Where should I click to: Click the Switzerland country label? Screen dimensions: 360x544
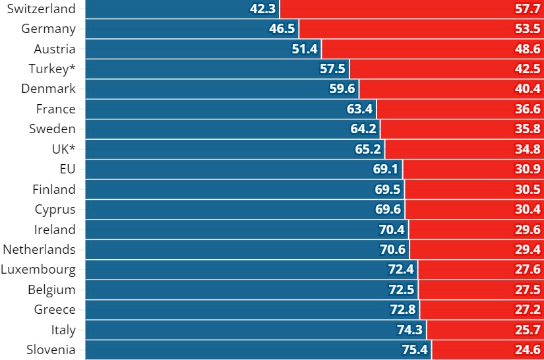coord(40,9)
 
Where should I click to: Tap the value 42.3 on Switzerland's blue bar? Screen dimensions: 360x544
coord(264,9)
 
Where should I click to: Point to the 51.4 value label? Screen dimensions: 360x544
coord(305,49)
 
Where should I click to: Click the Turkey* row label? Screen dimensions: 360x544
coord(52,69)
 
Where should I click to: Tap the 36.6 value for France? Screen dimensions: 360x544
coord(528,109)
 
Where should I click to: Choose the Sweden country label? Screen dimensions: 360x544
coord(52,129)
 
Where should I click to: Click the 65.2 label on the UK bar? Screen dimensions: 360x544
coord(368,150)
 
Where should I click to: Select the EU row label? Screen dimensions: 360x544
coord(67,169)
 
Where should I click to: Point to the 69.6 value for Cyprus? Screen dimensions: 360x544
coord(388,210)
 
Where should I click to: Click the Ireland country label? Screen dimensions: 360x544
coord(55,229)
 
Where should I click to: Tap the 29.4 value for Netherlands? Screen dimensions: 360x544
coord(528,250)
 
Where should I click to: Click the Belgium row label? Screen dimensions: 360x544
coord(51,289)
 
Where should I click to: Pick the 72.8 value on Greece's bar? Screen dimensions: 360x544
coord(403,310)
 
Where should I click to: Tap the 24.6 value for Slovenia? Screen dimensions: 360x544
coord(528,350)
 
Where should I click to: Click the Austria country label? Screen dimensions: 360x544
coord(55,49)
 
